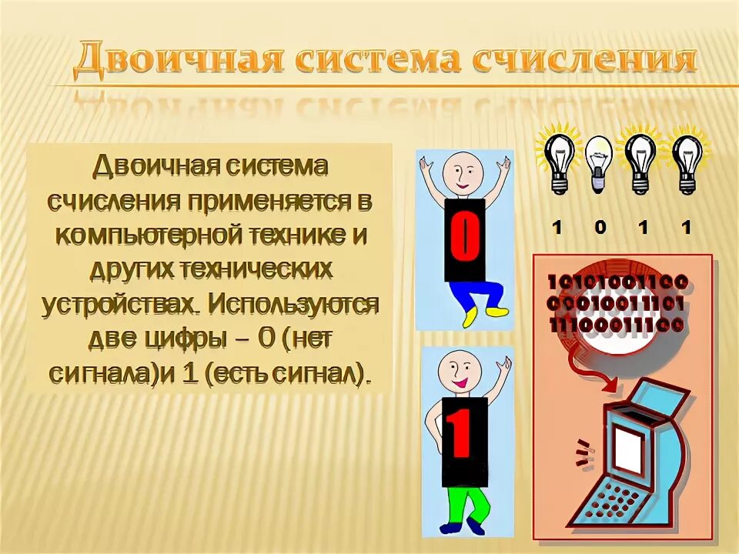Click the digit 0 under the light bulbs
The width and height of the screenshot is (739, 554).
pyautogui.click(x=600, y=227)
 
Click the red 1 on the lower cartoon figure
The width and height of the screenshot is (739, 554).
pyautogui.click(x=461, y=436)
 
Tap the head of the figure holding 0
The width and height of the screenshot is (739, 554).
pyautogui.click(x=464, y=173)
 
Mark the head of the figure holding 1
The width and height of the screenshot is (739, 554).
pyautogui.click(x=461, y=372)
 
